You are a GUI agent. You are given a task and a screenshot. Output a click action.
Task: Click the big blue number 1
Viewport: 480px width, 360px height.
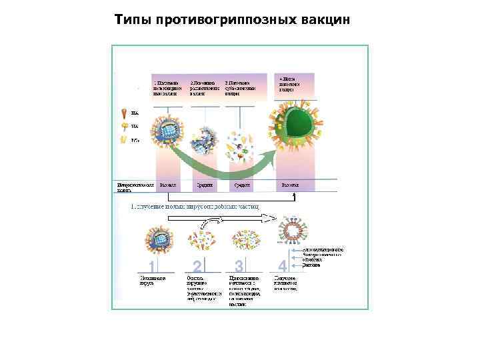point(153,267)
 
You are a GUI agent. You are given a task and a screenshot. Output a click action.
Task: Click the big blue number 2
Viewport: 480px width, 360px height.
point(197,266)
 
